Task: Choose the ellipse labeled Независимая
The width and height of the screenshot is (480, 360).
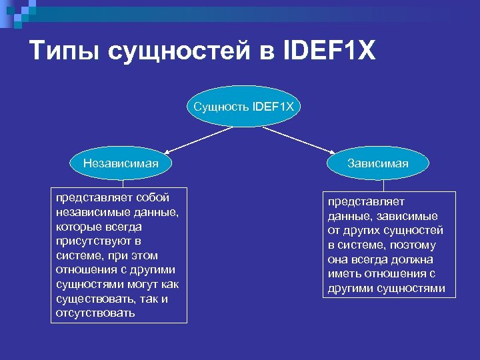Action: point(121,163)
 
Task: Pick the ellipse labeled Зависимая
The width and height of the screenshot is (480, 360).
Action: point(377,163)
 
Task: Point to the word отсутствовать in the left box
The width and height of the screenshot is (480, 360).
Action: point(95,313)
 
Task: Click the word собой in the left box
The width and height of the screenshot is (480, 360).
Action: point(152,197)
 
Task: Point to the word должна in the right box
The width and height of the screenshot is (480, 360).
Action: point(414,259)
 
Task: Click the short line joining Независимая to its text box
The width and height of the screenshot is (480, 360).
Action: point(121,183)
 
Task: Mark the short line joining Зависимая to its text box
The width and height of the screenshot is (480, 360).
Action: point(377,185)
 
